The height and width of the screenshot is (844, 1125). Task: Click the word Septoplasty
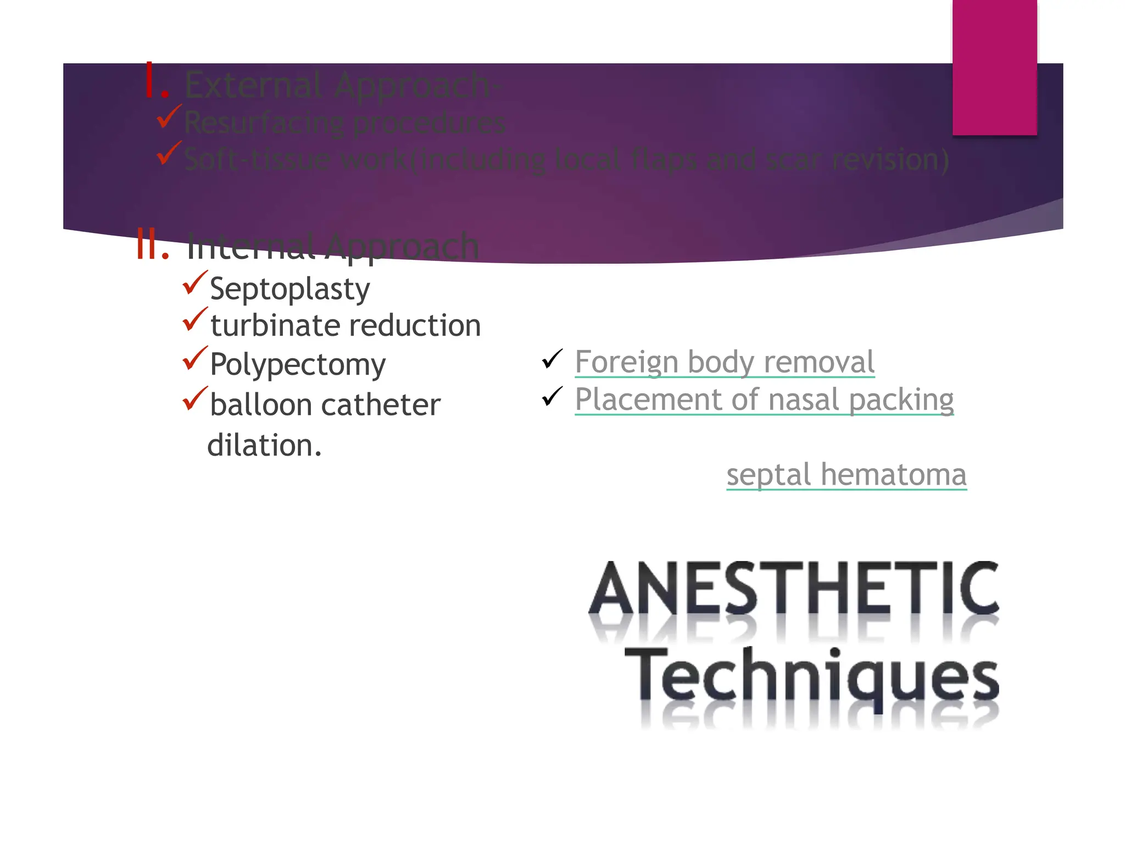click(x=289, y=289)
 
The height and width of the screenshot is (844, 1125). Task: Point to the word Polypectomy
click(x=298, y=365)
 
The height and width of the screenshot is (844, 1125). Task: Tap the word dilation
click(x=264, y=445)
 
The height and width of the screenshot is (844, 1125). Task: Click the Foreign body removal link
click(x=724, y=362)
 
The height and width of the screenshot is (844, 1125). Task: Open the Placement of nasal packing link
click(x=764, y=399)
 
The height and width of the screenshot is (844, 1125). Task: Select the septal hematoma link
click(x=846, y=475)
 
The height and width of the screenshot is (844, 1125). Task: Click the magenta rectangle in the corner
click(x=994, y=67)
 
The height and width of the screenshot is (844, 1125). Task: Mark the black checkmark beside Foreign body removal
click(x=552, y=359)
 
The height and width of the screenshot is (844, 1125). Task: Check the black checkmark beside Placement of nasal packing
click(x=552, y=396)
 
